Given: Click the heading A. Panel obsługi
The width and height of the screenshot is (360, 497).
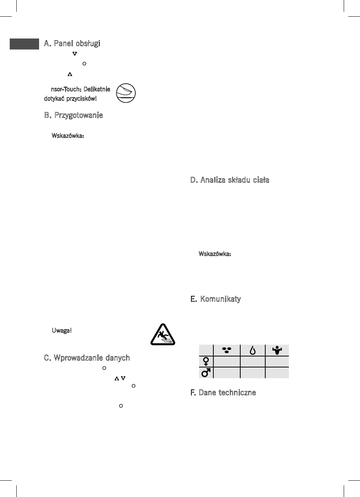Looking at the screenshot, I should [x=72, y=44].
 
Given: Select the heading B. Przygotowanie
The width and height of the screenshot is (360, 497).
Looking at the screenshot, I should [x=74, y=115].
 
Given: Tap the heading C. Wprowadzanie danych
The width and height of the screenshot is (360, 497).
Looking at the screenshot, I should [x=87, y=358].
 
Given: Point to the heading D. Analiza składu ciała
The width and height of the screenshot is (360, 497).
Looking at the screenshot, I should [x=230, y=180].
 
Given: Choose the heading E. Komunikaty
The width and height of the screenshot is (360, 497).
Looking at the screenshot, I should [x=215, y=299].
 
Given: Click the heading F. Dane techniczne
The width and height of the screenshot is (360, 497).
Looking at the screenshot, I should [x=223, y=393].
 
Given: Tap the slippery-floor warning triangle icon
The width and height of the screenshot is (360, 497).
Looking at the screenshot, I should [x=162, y=334].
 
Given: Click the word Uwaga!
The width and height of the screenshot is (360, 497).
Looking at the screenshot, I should [x=61, y=330].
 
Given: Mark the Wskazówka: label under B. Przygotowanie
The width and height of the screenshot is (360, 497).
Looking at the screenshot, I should [x=67, y=136].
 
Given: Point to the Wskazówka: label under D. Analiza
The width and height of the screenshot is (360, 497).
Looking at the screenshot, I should [x=215, y=253].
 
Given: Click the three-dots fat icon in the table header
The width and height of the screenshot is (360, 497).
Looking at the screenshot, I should [x=227, y=350].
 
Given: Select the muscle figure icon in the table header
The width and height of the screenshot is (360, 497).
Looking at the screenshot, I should [x=277, y=350].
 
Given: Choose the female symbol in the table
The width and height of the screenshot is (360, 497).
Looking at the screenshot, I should [x=205, y=362].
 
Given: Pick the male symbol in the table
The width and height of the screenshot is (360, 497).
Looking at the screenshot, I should [x=205, y=373].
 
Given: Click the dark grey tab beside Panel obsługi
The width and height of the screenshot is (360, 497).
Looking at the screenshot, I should [x=24, y=44].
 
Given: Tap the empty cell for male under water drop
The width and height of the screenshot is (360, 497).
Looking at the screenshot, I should [x=252, y=373].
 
